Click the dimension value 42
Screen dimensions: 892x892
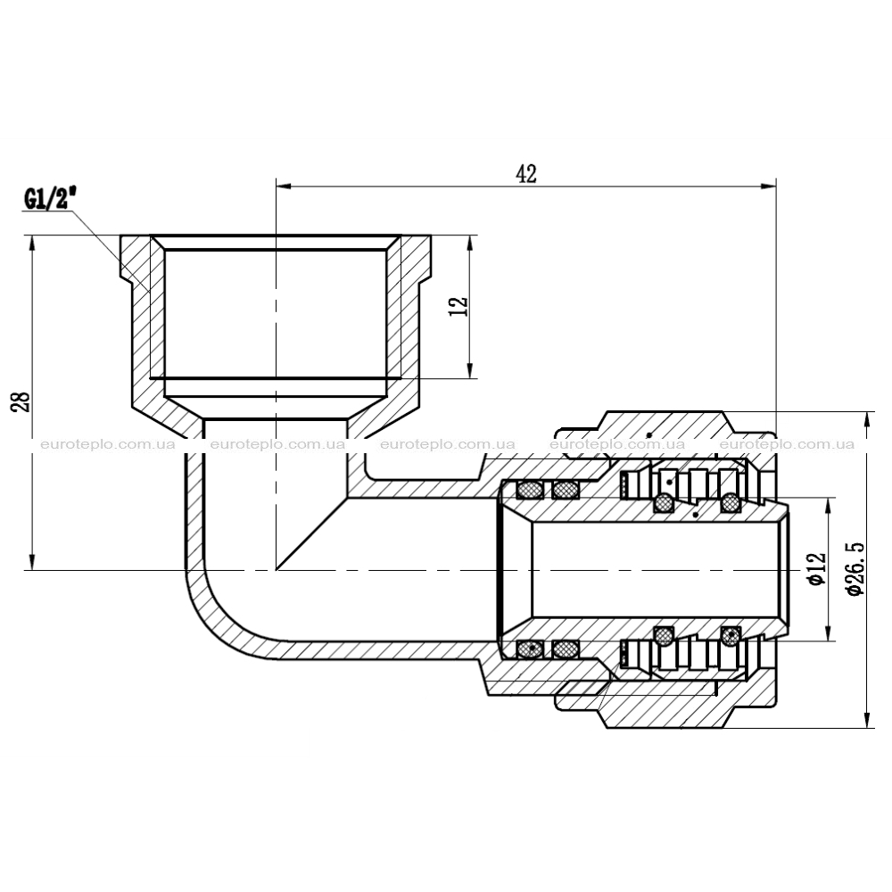tap(525, 174)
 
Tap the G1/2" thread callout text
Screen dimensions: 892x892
tap(49, 200)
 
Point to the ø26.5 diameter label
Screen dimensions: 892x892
tap(855, 568)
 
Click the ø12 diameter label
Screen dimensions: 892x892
tap(816, 567)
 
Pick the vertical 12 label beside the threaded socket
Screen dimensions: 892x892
tap(461, 307)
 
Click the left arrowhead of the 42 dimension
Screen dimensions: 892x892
tap(284, 186)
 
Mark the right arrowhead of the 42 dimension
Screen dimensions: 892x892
tap(769, 186)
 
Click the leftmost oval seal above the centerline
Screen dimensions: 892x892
tap(530, 489)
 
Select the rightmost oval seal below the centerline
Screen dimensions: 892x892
tap(566, 648)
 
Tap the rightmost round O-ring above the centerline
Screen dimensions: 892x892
tap(731, 501)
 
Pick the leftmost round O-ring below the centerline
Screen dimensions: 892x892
tap(664, 635)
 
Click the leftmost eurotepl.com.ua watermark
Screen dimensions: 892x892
tap(108, 444)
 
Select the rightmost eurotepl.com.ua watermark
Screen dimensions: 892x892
tap(787, 444)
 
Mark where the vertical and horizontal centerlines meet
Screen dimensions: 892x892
tap(276, 569)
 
